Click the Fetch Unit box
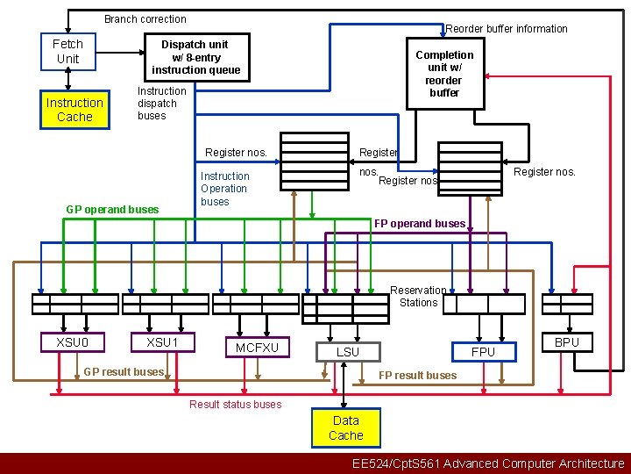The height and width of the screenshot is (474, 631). [67, 52]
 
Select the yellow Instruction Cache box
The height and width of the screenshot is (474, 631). [74, 110]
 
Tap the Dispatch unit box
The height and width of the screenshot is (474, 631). [195, 57]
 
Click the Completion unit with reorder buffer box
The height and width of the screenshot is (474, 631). [444, 73]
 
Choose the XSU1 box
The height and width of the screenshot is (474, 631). [162, 341]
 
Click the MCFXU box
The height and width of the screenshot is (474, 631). [257, 348]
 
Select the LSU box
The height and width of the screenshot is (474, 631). [348, 352]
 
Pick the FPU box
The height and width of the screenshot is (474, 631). [483, 351]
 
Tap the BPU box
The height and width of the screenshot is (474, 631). [567, 342]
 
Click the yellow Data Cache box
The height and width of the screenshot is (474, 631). [346, 427]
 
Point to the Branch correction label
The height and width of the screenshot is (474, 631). [145, 19]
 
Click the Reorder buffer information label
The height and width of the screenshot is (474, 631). [507, 29]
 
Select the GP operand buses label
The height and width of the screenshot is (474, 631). [113, 209]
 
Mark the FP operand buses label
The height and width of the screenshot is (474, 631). [420, 224]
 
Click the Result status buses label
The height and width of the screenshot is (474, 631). [236, 404]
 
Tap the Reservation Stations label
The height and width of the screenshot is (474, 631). [418, 297]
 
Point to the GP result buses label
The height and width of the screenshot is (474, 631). [124, 372]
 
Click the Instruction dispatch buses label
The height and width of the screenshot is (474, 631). [162, 104]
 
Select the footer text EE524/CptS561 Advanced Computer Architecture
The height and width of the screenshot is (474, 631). [488, 463]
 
